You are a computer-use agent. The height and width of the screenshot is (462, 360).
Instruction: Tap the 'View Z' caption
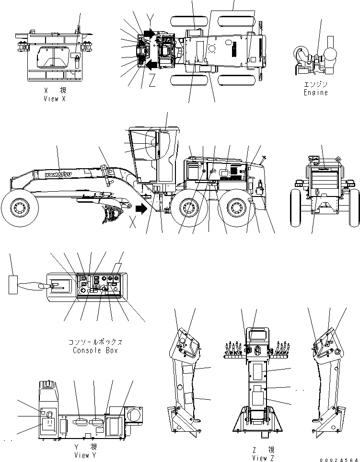point(264,458)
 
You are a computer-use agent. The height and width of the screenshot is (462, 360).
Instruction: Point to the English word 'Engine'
point(316,92)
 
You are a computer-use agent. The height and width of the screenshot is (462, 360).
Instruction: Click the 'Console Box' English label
point(95,350)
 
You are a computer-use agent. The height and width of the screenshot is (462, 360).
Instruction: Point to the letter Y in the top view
point(151,20)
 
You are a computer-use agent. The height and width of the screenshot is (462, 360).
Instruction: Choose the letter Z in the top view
point(151,82)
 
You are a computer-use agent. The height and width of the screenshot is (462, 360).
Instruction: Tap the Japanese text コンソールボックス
point(95,342)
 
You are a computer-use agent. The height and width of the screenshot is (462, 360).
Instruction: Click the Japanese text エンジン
point(316,84)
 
